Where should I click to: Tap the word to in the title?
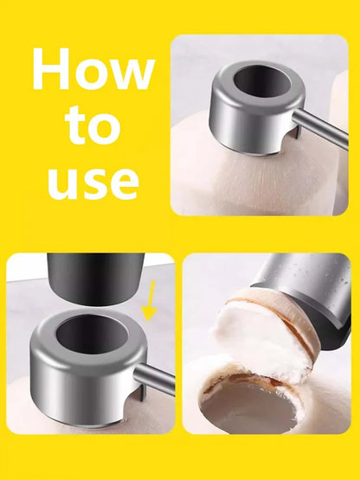tap(92, 126)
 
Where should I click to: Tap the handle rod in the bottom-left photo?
tap(157, 378)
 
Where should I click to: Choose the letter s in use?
tap(93, 184)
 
